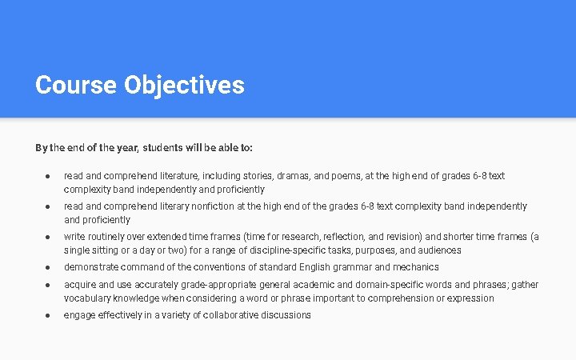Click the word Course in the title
pyautogui.click(x=76, y=85)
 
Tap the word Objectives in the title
pyautogui.click(x=184, y=85)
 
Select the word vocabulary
pyautogui.click(x=88, y=298)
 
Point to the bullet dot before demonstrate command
pyautogui.click(x=48, y=267)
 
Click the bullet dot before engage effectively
pyautogui.click(x=48, y=315)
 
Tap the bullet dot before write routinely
pyautogui.click(x=48, y=236)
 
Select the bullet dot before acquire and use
pyautogui.click(x=48, y=284)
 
